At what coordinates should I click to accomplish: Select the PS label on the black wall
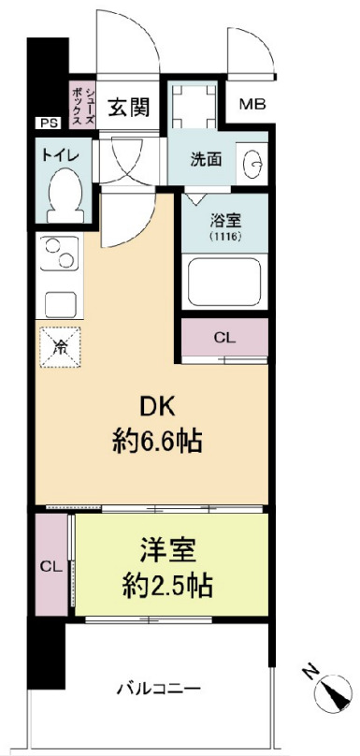(x=47, y=123)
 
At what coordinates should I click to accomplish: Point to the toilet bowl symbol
(x=64, y=195)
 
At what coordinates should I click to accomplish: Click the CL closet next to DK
(x=224, y=337)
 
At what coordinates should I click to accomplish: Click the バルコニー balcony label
(x=158, y=691)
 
